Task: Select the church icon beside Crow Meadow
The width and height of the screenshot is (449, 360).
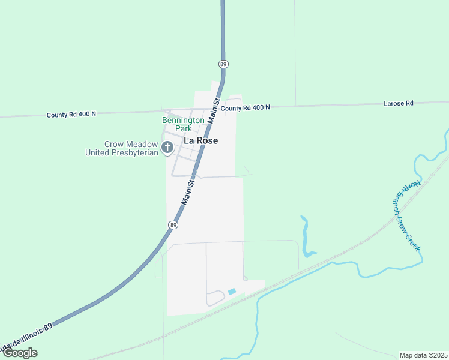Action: (167, 147)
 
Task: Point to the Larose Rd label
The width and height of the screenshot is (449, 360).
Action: (399, 103)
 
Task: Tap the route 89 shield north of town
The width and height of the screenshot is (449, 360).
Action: (223, 64)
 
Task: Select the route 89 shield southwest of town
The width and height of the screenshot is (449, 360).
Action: (173, 224)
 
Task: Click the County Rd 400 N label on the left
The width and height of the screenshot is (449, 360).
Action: (71, 113)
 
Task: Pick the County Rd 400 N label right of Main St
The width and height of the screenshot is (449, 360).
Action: (246, 107)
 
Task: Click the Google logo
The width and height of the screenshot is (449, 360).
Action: (20, 353)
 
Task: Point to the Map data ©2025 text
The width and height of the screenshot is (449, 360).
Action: (423, 355)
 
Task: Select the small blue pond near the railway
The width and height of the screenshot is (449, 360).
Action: (232, 292)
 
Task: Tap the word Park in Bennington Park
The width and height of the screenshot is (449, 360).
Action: (183, 128)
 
